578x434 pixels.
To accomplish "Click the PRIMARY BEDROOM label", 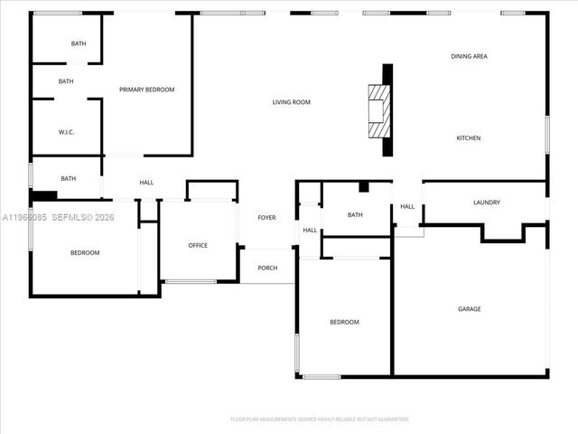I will tap(146, 90).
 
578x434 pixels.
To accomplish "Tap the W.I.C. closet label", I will tap(66, 132).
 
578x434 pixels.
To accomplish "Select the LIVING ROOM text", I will tap(291, 102).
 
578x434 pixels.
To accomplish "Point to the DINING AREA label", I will tap(469, 56).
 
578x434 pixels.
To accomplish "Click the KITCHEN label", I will tap(468, 137).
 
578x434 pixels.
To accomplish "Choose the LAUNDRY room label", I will tap(486, 203).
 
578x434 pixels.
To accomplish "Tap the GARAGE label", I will tap(469, 309).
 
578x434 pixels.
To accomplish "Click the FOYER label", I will tap(266, 218).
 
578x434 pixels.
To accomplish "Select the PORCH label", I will tap(267, 268).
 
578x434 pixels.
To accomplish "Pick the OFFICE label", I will tap(198, 245).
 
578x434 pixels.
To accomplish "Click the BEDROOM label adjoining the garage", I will tap(344, 322).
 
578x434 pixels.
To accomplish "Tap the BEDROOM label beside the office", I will tap(85, 252).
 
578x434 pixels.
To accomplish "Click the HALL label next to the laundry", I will tap(407, 206).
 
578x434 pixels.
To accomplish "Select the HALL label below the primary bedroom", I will tap(146, 183).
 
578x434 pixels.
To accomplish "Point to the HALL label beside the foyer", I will tap(310, 230).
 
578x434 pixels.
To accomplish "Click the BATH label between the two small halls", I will tap(355, 214).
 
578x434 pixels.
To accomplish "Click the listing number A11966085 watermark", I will tap(27, 218).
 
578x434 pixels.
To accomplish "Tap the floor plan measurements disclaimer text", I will tap(320, 420).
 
